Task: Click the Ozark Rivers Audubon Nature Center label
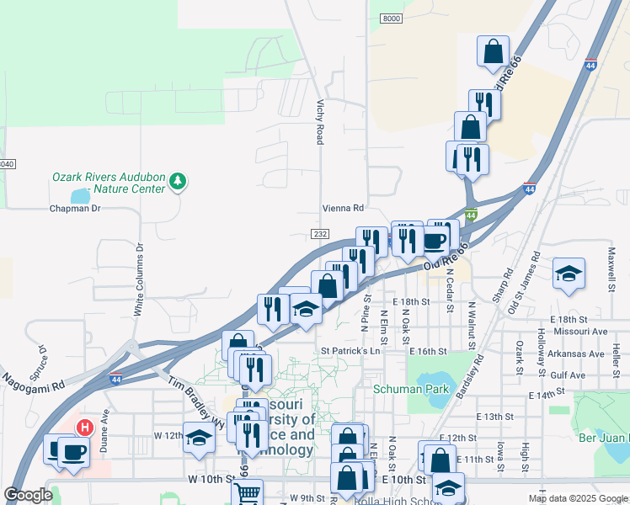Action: coord(109,183)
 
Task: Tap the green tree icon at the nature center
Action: coord(178,180)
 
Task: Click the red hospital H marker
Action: coord(84,428)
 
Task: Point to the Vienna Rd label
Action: coord(343,208)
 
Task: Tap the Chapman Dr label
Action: coord(75,208)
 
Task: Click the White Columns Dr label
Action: coord(139,279)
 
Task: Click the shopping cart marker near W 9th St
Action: coord(247,493)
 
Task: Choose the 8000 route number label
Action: coord(391,19)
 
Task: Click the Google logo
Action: coord(28,495)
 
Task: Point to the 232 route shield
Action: coord(319,233)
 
